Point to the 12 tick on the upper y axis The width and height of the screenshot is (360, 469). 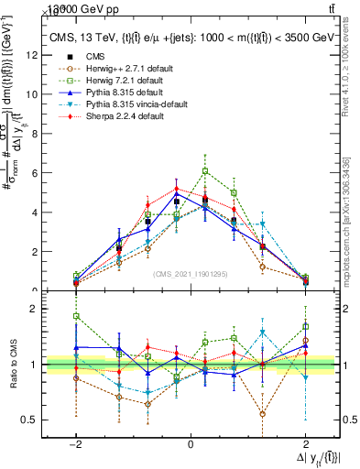click(x=33, y=55)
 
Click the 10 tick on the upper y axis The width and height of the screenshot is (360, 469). click(x=33, y=94)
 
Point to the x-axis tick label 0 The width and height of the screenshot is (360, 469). click(x=191, y=444)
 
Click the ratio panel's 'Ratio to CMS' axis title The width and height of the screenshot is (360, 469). click(x=13, y=365)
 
